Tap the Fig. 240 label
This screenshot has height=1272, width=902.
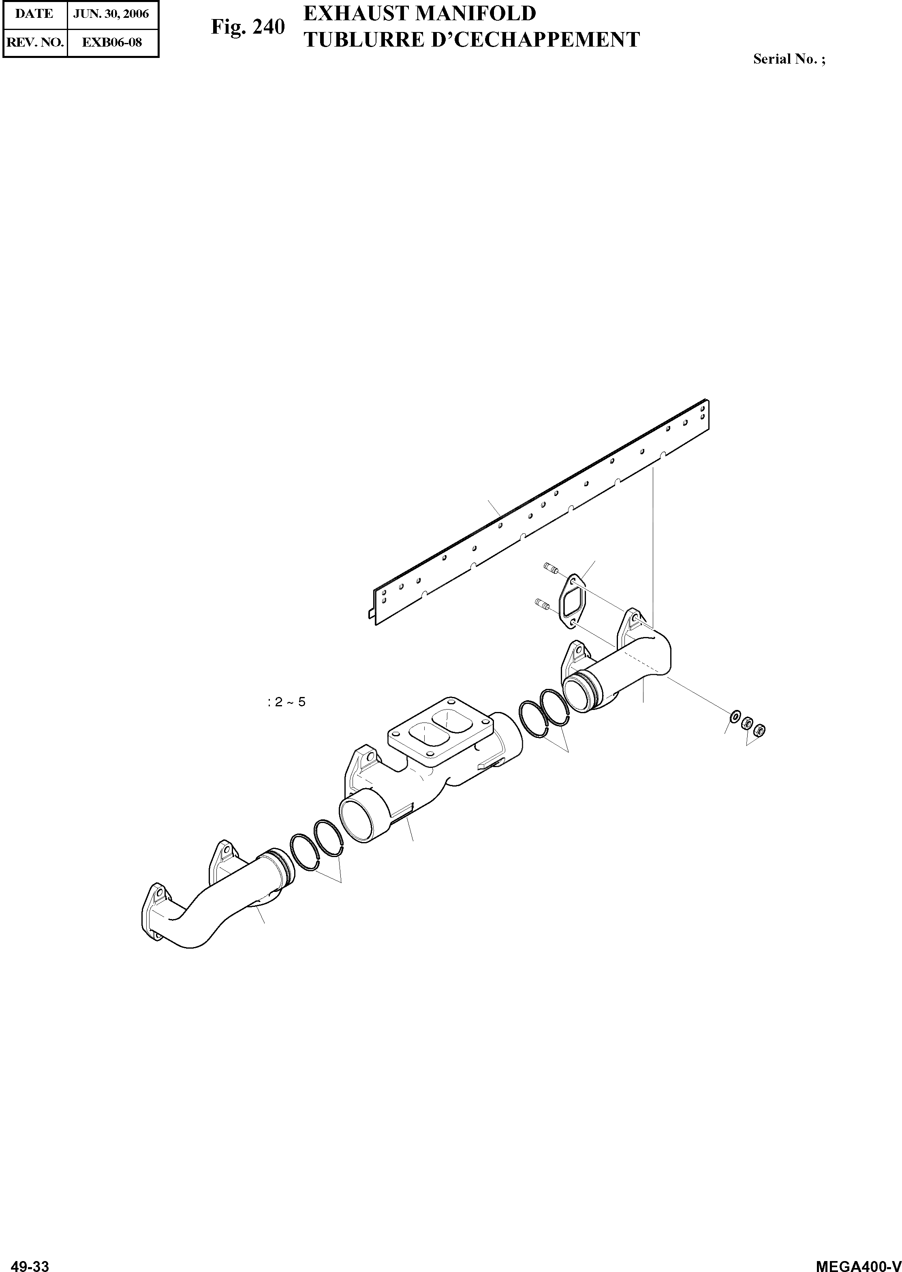[x=248, y=27]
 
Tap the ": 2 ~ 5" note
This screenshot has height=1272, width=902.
[x=286, y=702]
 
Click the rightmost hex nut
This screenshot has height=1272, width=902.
[x=760, y=728]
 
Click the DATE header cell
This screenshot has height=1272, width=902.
[x=34, y=14]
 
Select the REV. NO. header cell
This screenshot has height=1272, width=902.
[x=34, y=42]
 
